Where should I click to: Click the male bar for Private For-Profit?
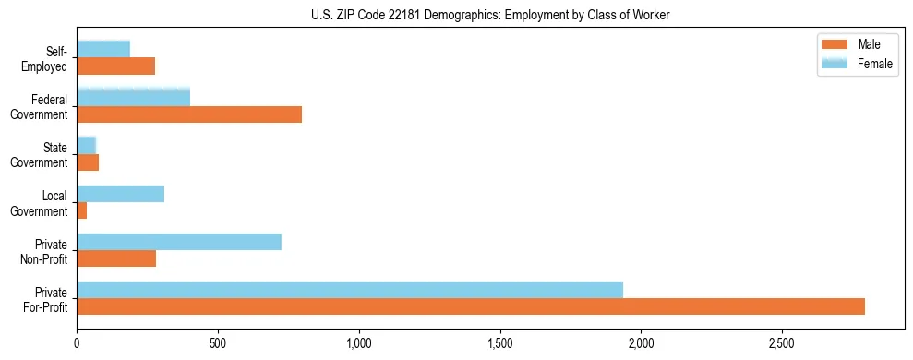coord(471,306)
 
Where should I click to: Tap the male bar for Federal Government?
coord(189,114)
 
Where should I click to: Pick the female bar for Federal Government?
coord(133,97)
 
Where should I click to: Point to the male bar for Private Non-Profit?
coord(116,258)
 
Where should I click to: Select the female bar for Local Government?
coord(121,194)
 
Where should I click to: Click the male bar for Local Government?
coord(82,210)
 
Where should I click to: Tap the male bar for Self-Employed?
coord(116,66)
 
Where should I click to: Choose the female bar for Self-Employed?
coord(103,49)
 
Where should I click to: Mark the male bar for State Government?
coord(88,162)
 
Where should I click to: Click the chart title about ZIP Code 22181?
coord(491,15)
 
